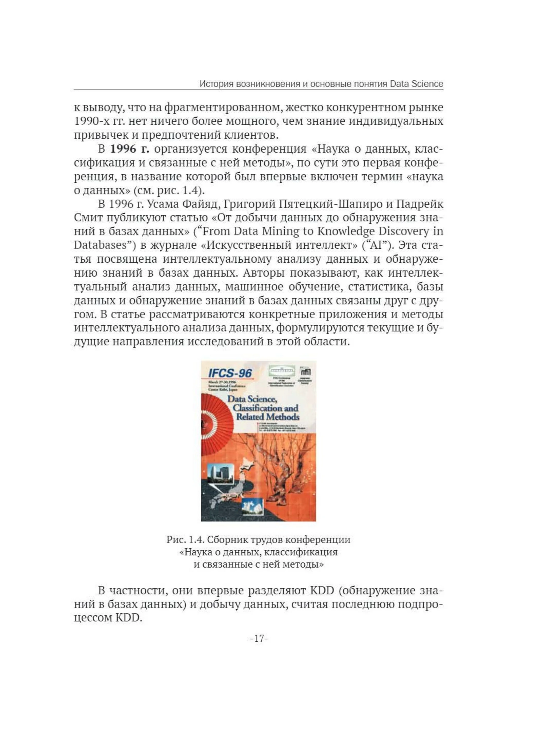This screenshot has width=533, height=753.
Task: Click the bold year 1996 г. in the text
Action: point(130,149)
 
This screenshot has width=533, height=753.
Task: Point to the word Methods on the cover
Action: point(282,417)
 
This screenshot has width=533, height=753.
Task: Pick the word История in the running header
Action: point(217,84)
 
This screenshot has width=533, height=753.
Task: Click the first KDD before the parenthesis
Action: point(322,590)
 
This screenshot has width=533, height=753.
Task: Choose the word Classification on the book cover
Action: point(256,408)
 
